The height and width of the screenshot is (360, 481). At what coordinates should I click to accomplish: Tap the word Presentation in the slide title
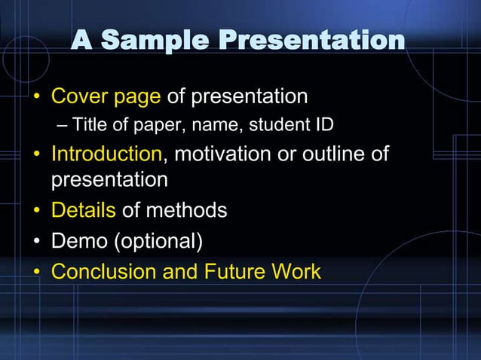click(x=312, y=41)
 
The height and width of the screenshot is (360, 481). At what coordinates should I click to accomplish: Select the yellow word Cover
click(x=79, y=96)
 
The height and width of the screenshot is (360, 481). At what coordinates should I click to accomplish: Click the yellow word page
click(x=137, y=97)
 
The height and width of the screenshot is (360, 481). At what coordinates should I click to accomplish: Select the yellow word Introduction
click(x=106, y=154)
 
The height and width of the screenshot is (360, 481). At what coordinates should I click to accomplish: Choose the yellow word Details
click(x=84, y=210)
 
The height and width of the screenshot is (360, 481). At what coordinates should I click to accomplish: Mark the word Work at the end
click(x=296, y=271)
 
